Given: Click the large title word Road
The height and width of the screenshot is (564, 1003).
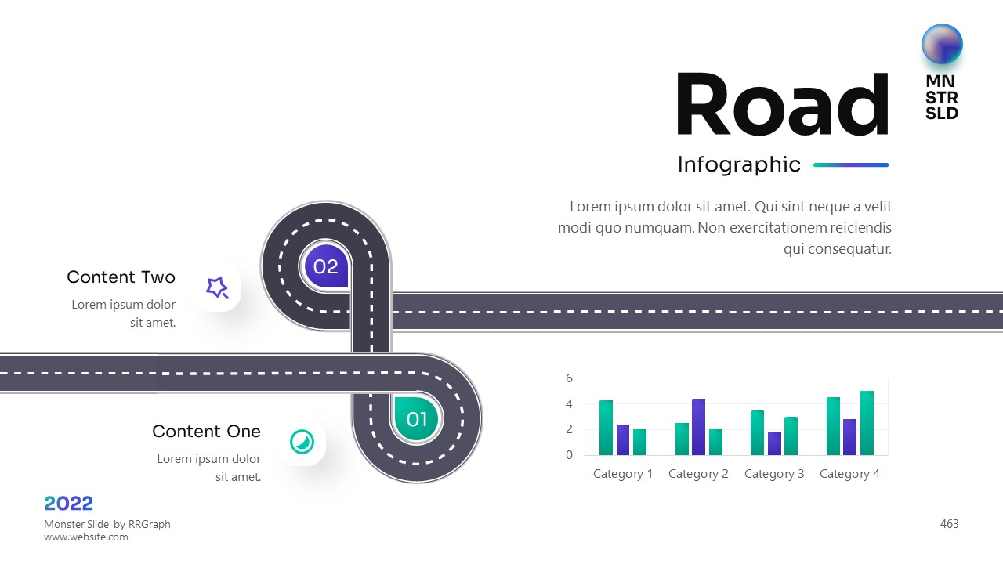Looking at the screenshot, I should click(782, 104).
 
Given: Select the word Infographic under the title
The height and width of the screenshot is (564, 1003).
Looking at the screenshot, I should click(739, 164).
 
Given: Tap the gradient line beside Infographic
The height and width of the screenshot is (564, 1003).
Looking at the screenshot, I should click(851, 165).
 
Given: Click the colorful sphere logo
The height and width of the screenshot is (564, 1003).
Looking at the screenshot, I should click(942, 44).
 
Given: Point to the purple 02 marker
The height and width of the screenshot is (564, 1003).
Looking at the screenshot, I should click(326, 266).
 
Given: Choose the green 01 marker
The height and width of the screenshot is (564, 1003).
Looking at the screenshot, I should click(416, 419).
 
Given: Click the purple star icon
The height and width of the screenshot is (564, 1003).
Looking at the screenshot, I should click(217, 287).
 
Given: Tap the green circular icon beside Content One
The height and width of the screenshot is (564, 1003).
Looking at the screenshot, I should click(302, 442).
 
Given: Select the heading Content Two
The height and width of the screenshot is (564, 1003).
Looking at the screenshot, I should click(121, 277).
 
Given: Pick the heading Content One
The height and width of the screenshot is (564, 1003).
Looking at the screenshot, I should click(206, 432).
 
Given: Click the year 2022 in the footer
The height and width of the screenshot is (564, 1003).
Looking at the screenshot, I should click(69, 503).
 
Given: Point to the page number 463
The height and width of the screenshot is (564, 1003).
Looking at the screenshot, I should click(949, 524).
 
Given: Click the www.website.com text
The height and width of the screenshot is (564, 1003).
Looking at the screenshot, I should click(86, 537).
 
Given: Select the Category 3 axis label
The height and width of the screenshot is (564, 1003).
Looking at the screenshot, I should click(774, 474).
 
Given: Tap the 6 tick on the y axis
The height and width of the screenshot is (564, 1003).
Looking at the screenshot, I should click(570, 378).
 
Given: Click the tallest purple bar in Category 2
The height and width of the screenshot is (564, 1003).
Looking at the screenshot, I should click(698, 427).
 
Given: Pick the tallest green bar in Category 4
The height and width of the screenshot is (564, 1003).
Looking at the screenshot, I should click(867, 423).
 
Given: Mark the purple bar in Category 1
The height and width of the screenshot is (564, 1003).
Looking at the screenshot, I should click(623, 439).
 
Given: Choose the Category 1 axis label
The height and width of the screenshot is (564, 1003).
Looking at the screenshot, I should click(623, 474).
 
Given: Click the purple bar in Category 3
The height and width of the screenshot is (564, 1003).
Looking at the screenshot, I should click(774, 443).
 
